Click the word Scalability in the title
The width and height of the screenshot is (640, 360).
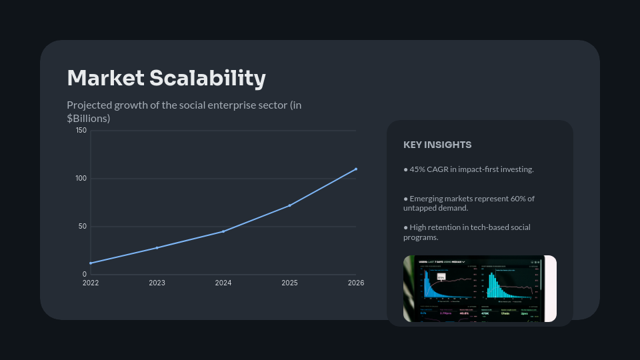pyautogui.click(x=207, y=79)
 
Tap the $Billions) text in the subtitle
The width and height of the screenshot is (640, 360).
pyautogui.click(x=89, y=118)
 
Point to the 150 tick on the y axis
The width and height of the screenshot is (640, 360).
pyautogui.click(x=81, y=131)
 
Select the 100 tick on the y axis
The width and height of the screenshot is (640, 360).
pyautogui.click(x=81, y=179)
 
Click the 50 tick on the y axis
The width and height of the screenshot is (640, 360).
pyautogui.click(x=83, y=227)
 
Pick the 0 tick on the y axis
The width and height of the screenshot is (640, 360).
pyautogui.click(x=85, y=275)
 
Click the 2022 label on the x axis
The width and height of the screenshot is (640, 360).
pyautogui.click(x=91, y=283)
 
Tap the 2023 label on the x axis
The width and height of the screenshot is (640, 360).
pyautogui.click(x=157, y=283)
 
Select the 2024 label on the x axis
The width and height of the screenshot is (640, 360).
pyautogui.click(x=223, y=283)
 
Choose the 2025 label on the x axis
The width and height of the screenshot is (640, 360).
pyautogui.click(x=289, y=283)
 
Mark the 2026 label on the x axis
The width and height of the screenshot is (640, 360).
pyautogui.click(x=356, y=283)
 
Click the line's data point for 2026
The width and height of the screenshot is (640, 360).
pyautogui.click(x=356, y=169)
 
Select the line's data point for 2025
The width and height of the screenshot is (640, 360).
pyautogui.click(x=289, y=205)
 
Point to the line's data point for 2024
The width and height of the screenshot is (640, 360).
pyautogui.click(x=223, y=231)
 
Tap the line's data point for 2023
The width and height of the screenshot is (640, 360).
pyautogui.click(x=157, y=247)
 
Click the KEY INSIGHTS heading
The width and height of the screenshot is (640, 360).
pyautogui.click(x=437, y=145)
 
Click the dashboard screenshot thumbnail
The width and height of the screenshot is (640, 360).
pyautogui.click(x=479, y=289)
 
